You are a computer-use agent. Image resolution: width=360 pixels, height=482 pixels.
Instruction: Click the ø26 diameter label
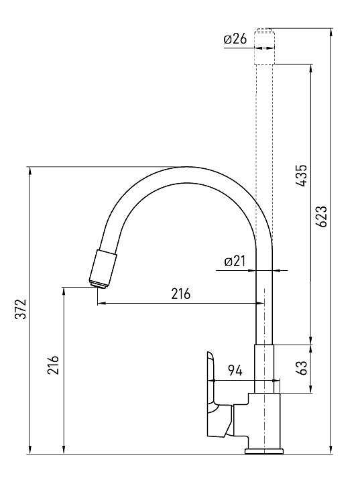235,39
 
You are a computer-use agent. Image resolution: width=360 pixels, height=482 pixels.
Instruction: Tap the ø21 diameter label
235,261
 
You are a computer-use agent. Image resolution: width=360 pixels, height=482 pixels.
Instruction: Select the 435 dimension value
302,176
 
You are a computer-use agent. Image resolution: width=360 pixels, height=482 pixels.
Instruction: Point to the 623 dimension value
322,216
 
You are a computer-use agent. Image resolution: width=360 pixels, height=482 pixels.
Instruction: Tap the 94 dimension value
235,371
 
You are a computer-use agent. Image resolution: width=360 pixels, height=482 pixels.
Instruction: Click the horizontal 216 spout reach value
181,294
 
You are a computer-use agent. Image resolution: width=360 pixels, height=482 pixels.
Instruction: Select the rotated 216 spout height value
53,365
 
